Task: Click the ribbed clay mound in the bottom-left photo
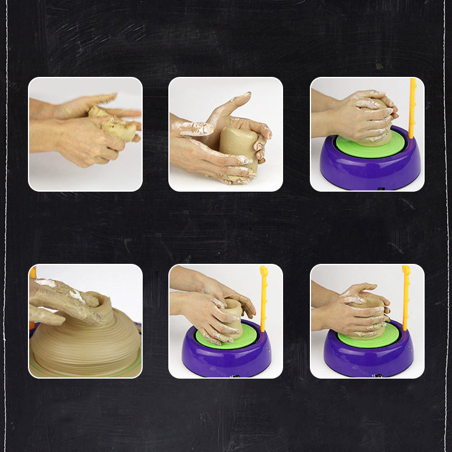click(87, 347)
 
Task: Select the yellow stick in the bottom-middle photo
click(264, 297)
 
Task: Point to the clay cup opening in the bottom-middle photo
click(233, 304)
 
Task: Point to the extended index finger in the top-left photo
click(125, 113)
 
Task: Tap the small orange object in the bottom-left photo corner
click(33, 272)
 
